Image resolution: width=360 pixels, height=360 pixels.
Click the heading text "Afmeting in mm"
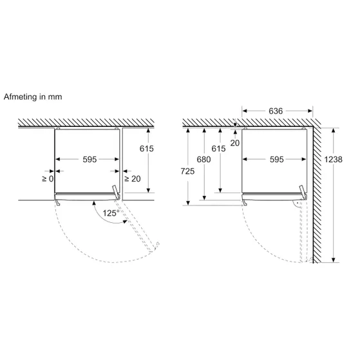tap(33, 97)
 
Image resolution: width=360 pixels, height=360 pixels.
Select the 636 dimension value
tap(276, 111)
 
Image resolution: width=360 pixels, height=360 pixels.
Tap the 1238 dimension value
tap(333, 159)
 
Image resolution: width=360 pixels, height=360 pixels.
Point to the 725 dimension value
tap(187, 171)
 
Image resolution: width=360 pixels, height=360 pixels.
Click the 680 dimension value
tap(204, 159)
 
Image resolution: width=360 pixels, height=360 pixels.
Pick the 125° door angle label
tap(111, 213)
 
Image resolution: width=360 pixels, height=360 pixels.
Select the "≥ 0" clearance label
tap(48, 178)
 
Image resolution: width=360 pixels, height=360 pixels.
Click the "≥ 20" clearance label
tap(133, 178)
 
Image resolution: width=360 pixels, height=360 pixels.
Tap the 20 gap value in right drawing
tap(235, 143)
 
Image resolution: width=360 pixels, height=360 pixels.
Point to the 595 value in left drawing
tap(90, 159)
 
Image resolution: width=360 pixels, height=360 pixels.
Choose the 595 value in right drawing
tap(277, 159)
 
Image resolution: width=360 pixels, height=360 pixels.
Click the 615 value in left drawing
tap(146, 149)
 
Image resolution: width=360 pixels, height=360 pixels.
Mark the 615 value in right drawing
tap(218, 149)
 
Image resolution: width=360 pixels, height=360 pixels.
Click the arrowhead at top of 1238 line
tap(334, 130)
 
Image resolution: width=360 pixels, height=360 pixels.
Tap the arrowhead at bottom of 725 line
tap(188, 203)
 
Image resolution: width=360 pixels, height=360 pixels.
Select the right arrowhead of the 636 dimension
tap(310, 111)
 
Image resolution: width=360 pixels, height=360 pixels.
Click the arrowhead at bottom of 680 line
tap(204, 198)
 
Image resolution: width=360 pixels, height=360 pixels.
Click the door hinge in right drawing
tap(303, 193)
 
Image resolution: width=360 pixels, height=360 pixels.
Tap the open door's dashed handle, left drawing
tap(156, 247)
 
